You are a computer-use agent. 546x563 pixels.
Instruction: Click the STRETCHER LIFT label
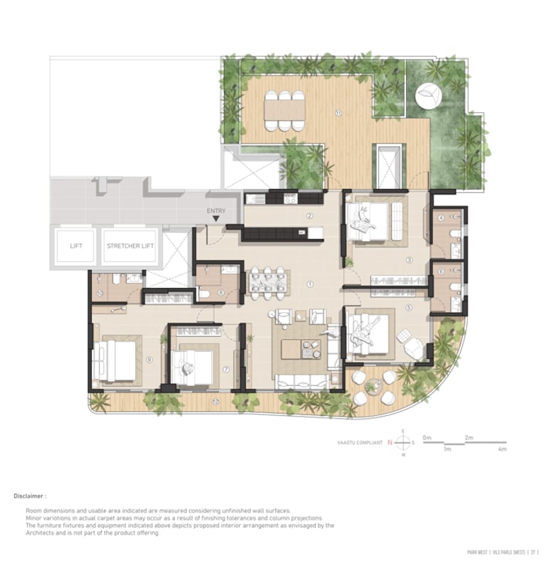[132, 247]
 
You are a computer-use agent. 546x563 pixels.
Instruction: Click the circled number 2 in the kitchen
[310, 215]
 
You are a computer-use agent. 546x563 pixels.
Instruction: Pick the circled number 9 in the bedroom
[149, 360]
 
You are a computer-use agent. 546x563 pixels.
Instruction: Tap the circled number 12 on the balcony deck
[215, 402]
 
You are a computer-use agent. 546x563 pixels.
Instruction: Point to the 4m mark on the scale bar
[502, 449]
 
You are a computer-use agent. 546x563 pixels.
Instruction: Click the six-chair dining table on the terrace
[284, 110]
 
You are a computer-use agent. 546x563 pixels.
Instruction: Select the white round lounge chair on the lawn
[427, 95]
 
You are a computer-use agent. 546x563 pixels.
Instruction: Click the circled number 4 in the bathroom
[441, 218]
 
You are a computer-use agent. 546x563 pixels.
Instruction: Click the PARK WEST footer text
[481, 551]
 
